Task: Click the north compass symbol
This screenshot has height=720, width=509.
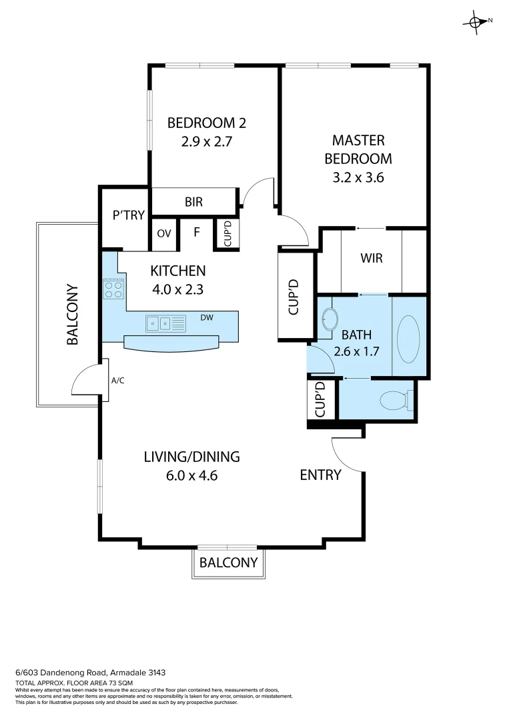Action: pyautogui.click(x=476, y=21)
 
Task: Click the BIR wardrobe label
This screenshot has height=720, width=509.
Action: pyautogui.click(x=193, y=202)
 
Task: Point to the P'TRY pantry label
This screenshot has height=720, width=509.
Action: pyautogui.click(x=125, y=215)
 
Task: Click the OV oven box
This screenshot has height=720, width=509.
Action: pyautogui.click(x=165, y=234)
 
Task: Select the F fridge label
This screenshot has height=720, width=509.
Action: pyautogui.click(x=197, y=233)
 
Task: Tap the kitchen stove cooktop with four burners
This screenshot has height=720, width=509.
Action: pyautogui.click(x=113, y=289)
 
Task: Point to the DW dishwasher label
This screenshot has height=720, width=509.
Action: pyautogui.click(x=207, y=318)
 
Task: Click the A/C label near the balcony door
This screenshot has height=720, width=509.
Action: pyautogui.click(x=117, y=381)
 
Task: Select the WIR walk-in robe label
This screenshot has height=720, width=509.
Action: pyautogui.click(x=371, y=257)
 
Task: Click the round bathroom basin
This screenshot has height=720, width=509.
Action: pyautogui.click(x=328, y=320)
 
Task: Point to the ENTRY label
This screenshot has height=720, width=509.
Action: pyautogui.click(x=320, y=475)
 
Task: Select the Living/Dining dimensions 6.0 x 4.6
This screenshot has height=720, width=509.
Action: pyautogui.click(x=191, y=476)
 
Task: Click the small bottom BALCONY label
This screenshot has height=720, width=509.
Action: pyautogui.click(x=229, y=562)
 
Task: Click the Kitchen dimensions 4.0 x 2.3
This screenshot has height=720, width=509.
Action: pyautogui.click(x=177, y=289)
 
